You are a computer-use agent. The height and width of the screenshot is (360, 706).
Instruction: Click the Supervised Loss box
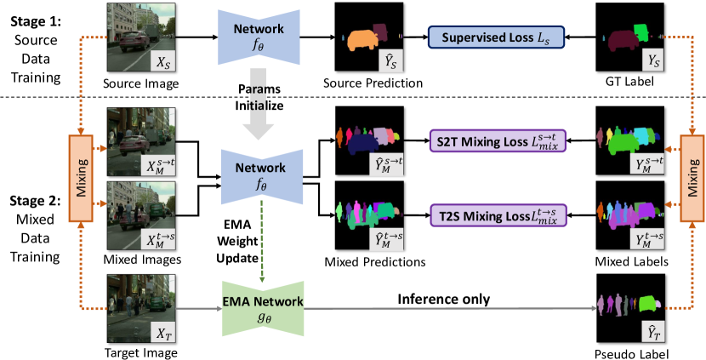tap(492, 37)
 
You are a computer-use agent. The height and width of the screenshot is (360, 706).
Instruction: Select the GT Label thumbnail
tap(627, 37)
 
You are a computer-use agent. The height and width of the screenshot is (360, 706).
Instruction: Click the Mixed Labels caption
tap(628, 260)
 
